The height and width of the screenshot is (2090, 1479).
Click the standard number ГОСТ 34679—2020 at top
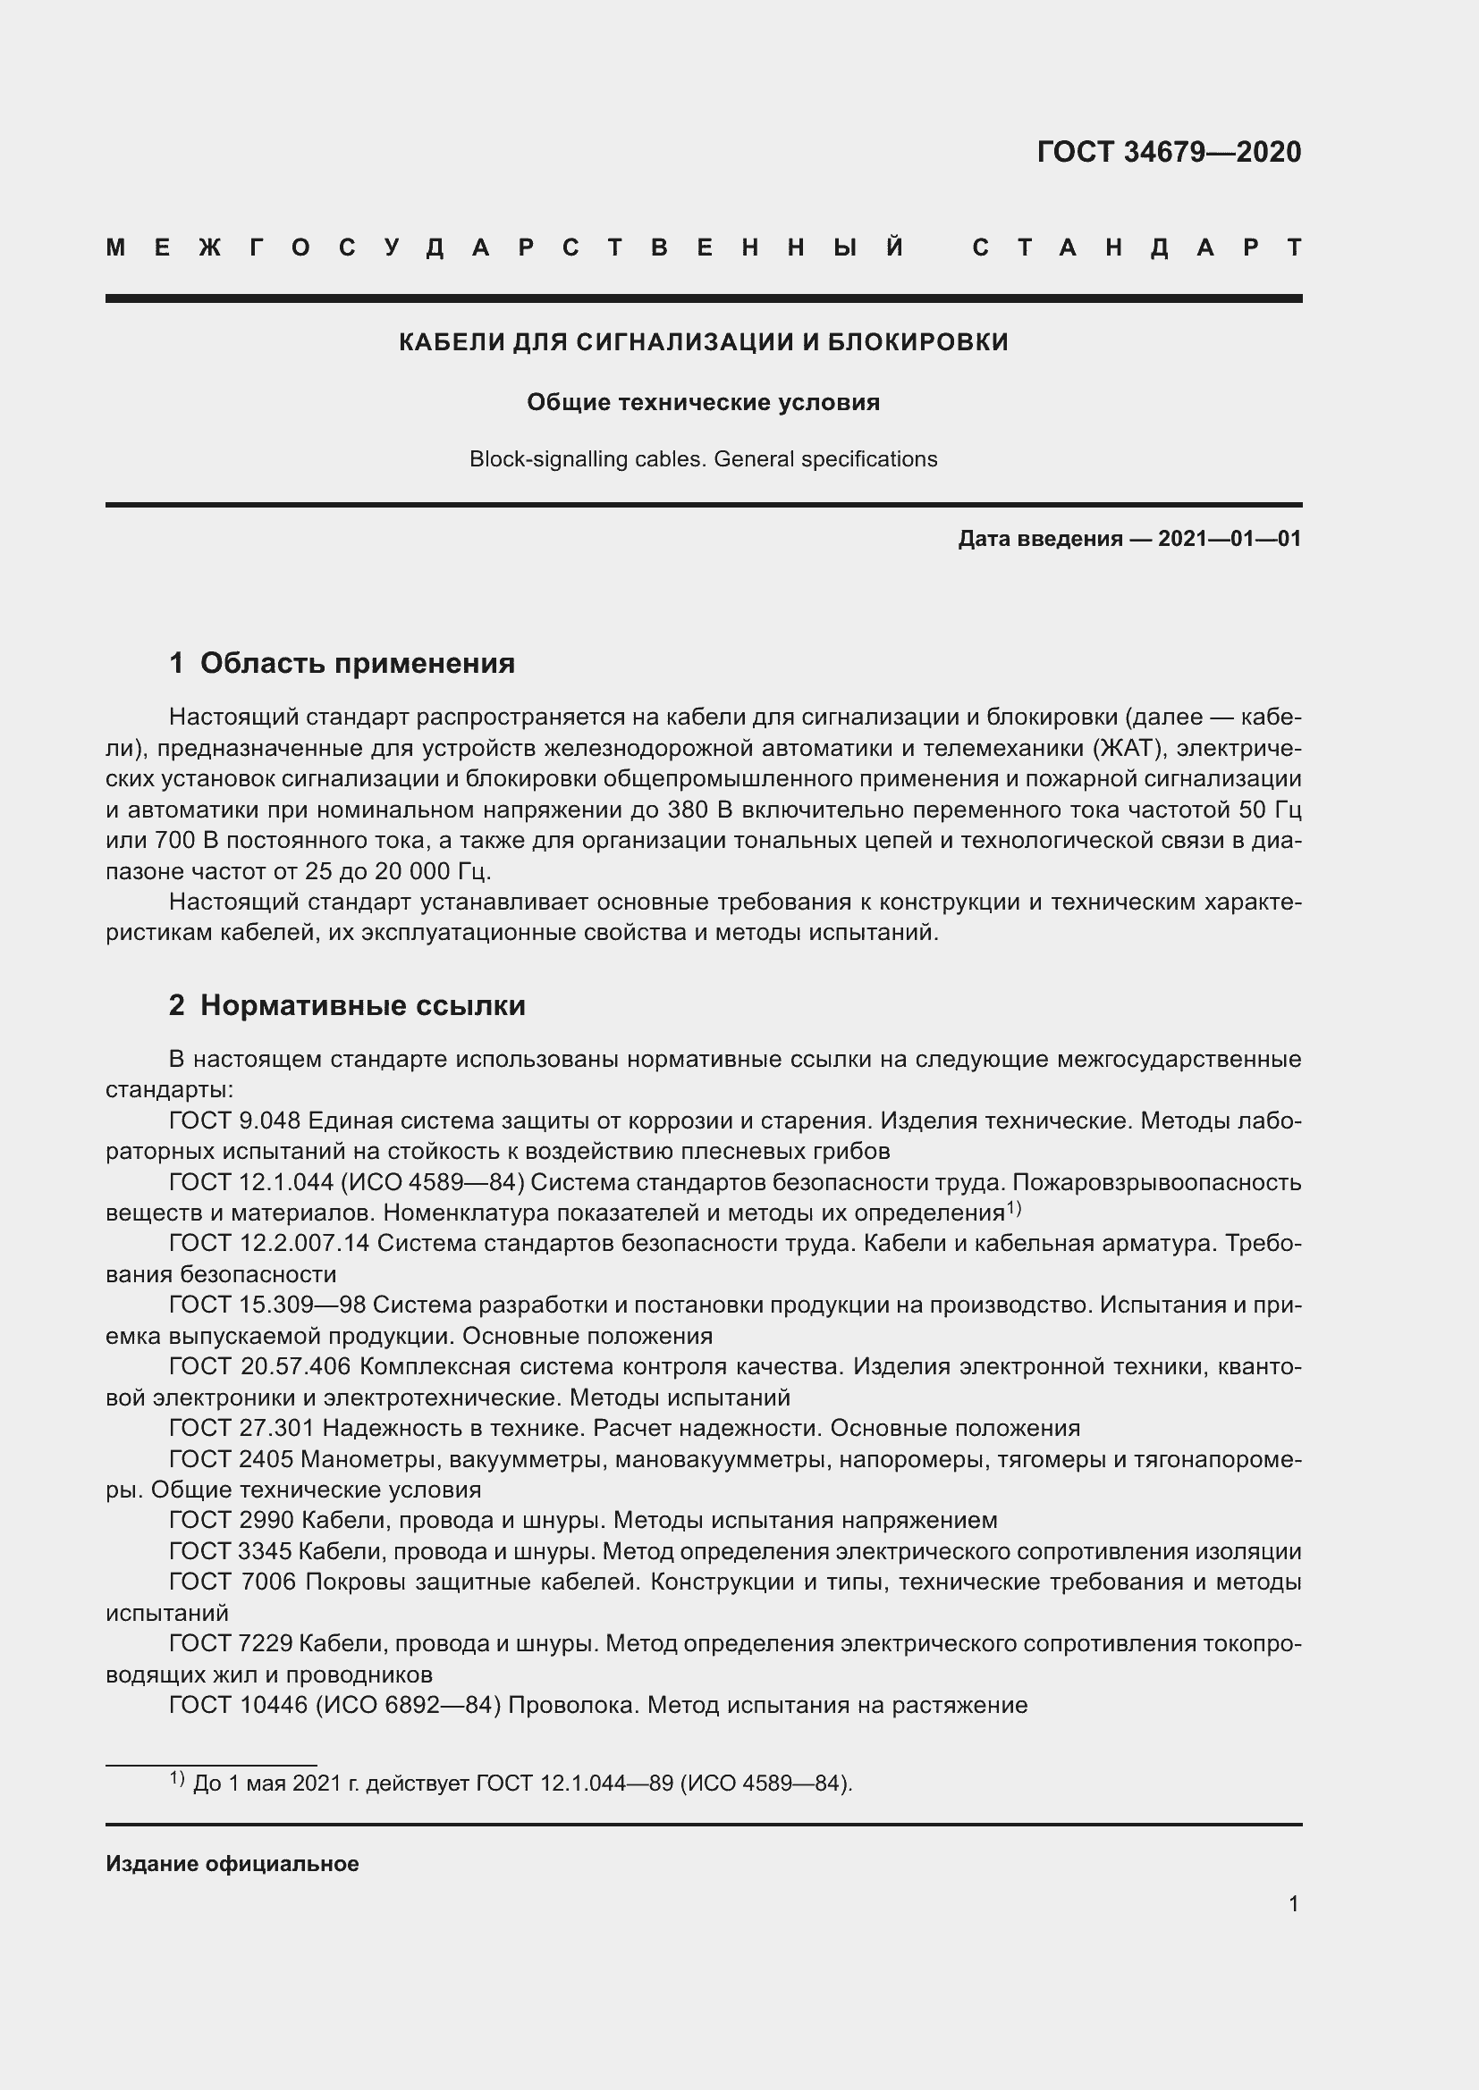coord(1169,152)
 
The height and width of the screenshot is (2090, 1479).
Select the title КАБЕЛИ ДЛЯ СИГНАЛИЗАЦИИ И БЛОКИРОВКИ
coord(703,342)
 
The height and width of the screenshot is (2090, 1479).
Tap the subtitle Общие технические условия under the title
coord(703,402)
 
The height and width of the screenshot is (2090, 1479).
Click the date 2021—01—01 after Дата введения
coord(1229,539)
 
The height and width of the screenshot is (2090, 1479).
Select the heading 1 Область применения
coord(342,663)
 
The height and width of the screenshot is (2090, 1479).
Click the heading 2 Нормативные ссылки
coord(347,1005)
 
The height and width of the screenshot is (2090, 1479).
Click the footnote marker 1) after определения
coord(1014,1208)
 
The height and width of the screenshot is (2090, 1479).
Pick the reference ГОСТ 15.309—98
coord(266,1305)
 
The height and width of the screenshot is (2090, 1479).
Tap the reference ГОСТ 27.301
coord(241,1427)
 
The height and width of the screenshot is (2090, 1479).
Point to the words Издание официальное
coord(232,1863)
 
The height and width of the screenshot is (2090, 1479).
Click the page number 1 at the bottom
coord(1293,1903)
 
